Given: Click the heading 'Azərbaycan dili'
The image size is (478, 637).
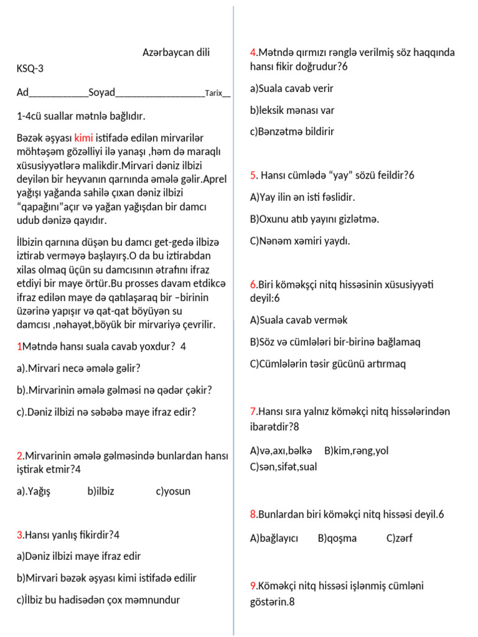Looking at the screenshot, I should [x=176, y=53].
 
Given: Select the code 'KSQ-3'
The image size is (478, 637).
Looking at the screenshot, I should [x=30, y=69].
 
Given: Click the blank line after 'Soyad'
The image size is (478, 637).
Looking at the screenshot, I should [x=160, y=93].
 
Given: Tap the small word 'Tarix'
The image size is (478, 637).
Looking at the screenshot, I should [x=213, y=93].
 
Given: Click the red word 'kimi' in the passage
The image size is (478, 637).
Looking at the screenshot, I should [x=83, y=137].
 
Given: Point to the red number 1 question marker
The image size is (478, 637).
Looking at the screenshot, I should [x=19, y=346].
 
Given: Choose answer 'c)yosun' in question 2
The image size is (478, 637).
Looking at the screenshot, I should [x=173, y=491].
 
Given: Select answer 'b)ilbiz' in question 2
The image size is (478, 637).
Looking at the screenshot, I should [x=101, y=491].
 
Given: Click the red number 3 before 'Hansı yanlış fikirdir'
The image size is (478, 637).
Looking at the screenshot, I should [x=19, y=535].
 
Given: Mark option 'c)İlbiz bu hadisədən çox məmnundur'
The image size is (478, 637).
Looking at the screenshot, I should [x=98, y=600].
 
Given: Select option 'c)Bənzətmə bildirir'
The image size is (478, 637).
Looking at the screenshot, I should [x=292, y=132].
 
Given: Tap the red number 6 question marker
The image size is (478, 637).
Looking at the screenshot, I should [x=253, y=285].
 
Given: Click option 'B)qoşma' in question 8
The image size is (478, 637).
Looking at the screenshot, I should [x=337, y=539].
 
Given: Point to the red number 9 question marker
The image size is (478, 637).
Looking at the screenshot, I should [x=253, y=586].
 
